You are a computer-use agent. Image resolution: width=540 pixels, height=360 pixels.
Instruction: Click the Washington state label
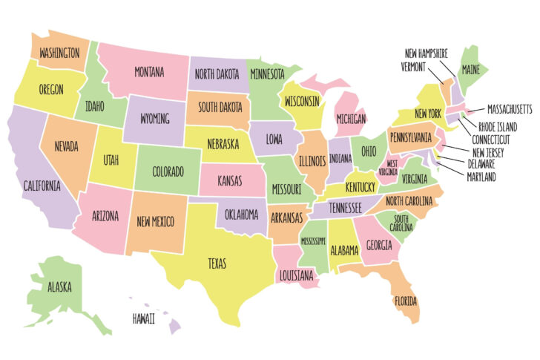click(59, 53)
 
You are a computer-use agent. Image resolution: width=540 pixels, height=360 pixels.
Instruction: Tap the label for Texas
click(217, 264)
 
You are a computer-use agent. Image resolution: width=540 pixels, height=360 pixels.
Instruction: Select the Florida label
click(406, 301)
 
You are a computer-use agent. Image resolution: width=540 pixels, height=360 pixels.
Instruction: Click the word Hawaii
click(144, 318)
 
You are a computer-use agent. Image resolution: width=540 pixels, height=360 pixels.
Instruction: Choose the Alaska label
click(59, 286)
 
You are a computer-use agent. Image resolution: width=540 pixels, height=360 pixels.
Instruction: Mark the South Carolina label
click(401, 223)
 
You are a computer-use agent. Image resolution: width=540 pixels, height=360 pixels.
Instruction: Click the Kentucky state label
click(360, 186)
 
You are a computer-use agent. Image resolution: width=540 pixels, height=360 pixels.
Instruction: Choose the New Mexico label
click(156, 220)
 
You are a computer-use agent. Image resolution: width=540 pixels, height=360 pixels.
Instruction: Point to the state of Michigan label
click(350, 119)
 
